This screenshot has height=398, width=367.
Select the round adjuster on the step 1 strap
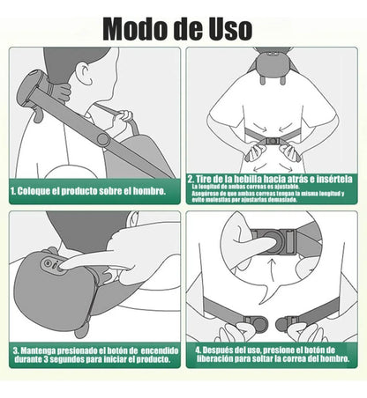coord(102,139)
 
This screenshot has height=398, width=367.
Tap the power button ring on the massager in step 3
coord(51,262)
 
